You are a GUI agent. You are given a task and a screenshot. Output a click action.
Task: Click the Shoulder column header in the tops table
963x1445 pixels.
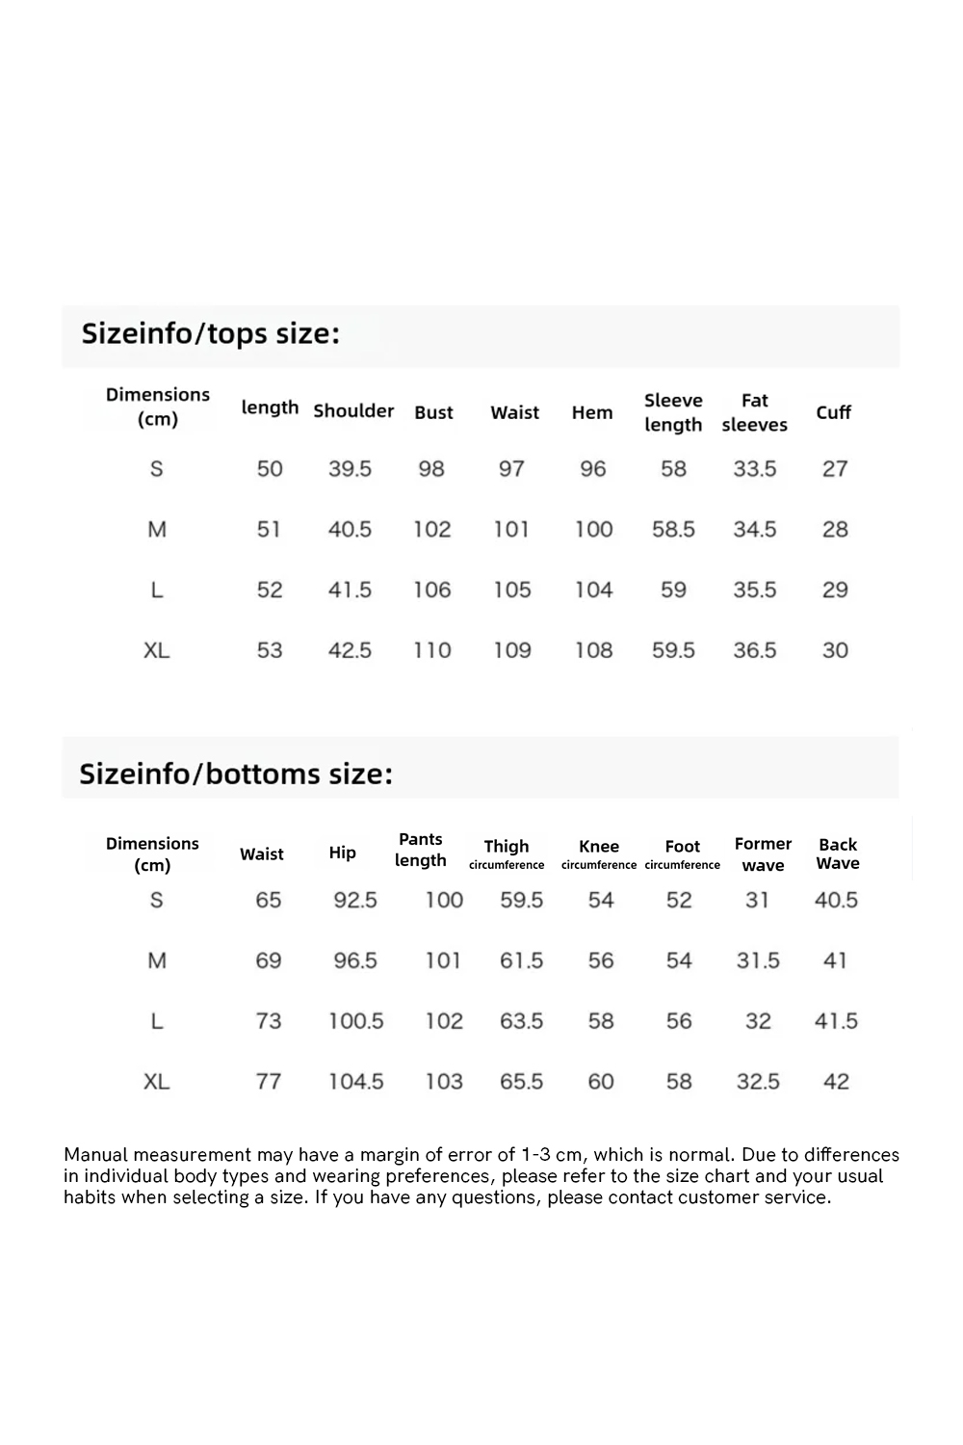tap(353, 411)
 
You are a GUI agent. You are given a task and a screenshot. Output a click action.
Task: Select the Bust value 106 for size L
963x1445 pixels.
tap(432, 590)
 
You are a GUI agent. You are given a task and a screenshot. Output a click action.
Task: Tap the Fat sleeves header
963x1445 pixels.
tap(754, 412)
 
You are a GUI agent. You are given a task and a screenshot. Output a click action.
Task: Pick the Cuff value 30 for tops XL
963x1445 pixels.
tap(835, 650)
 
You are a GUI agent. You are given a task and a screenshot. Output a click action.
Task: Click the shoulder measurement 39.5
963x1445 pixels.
tap(350, 469)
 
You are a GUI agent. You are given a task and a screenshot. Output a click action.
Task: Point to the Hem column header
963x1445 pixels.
tap(592, 413)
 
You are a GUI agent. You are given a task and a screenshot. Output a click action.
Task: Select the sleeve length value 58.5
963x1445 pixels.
tap(673, 529)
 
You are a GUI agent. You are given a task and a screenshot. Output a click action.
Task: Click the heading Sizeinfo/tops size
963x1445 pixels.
tap(211, 333)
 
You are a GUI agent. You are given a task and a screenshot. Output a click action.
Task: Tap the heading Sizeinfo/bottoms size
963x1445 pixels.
tap(236, 774)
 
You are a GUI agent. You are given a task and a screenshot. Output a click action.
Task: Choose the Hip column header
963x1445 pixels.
tap(342, 853)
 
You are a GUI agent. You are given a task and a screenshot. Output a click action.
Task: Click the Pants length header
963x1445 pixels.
tap(421, 850)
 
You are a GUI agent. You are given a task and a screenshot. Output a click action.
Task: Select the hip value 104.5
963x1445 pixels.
tap(355, 1082)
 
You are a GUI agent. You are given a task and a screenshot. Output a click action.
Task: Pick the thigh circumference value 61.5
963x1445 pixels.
tap(521, 960)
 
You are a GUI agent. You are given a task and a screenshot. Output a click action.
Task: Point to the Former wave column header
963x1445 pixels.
tap(763, 854)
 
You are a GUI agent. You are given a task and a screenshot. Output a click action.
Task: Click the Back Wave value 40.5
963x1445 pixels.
tap(836, 900)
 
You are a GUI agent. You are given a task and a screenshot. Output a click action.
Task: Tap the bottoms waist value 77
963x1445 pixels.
tap(269, 1082)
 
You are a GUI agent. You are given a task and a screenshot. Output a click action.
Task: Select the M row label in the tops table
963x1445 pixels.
tap(157, 529)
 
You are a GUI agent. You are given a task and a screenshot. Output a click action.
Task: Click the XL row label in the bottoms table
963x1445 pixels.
tap(157, 1082)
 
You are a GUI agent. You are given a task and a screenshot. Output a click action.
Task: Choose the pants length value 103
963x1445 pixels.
tap(444, 1082)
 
